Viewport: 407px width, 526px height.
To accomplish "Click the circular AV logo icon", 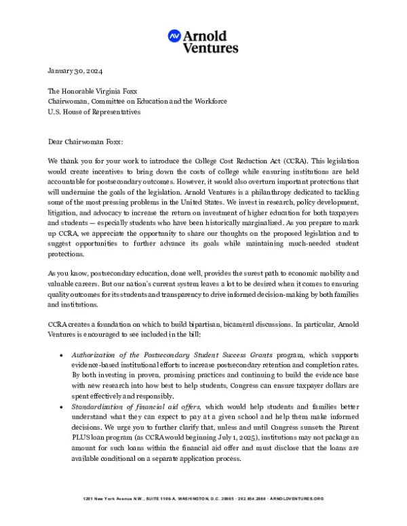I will pyautogui.click(x=174, y=37).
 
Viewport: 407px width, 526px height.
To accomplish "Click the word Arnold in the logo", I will pyautogui.click(x=209, y=35).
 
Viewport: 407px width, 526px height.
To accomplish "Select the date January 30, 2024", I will pyautogui.click(x=75, y=71).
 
